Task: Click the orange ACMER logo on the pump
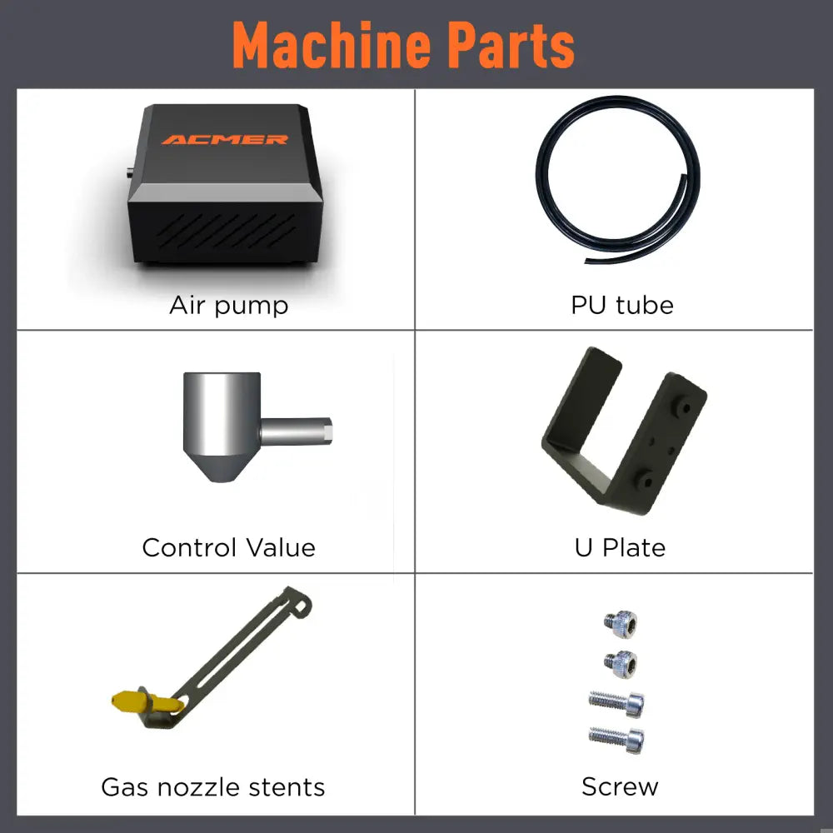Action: [x=225, y=140]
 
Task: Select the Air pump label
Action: [x=229, y=306]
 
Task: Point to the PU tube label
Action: [x=622, y=306]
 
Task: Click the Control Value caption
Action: [x=229, y=548]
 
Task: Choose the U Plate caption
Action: [x=620, y=548]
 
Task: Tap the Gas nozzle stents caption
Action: [x=213, y=787]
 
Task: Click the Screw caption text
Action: [x=620, y=787]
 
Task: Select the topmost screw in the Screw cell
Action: [x=621, y=624]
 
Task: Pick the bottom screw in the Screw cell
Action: [x=616, y=739]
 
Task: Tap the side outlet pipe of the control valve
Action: [x=297, y=431]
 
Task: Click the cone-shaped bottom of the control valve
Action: [x=221, y=466]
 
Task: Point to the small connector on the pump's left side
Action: [x=130, y=172]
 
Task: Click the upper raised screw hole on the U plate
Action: [x=683, y=407]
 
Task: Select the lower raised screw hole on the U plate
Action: [x=646, y=481]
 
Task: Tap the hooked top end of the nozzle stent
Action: [x=299, y=602]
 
